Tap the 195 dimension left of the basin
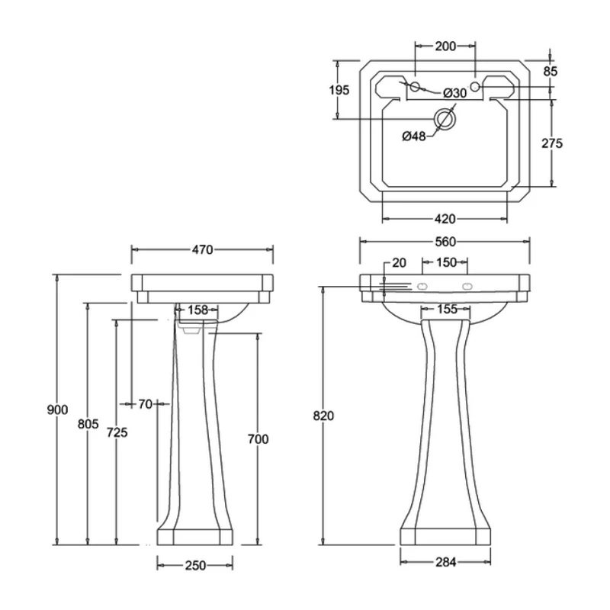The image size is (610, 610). coord(340,90)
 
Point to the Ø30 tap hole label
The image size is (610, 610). coord(455,93)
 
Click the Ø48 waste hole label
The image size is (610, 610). coord(414,136)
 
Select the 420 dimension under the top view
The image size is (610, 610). coord(445,219)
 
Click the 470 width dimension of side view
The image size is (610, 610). coord(202,249)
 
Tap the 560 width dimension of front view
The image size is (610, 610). coord(445,242)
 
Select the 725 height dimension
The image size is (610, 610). coord(117,432)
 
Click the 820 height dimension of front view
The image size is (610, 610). coord(323,416)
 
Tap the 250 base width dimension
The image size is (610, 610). coord(195,565)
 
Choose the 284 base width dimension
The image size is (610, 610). coord(445,563)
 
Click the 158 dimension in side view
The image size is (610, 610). coord(197,310)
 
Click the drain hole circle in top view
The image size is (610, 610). coord(445,119)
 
